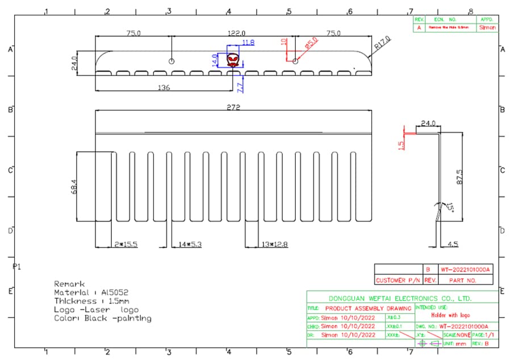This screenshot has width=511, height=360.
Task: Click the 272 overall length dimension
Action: [x=233, y=107]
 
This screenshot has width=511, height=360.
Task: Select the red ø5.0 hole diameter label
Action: [x=311, y=45]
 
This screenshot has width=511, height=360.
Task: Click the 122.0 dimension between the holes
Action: [x=236, y=34]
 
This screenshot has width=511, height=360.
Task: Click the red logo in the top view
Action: [x=233, y=60]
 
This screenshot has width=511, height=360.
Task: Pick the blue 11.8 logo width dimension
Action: [x=248, y=43]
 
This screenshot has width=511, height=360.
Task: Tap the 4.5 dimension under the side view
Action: [x=452, y=244]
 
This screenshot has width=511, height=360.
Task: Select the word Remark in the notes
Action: [x=69, y=283]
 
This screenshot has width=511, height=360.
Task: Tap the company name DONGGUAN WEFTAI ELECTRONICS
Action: [x=400, y=298]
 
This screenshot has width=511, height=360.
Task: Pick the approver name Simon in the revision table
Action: [x=487, y=27]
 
